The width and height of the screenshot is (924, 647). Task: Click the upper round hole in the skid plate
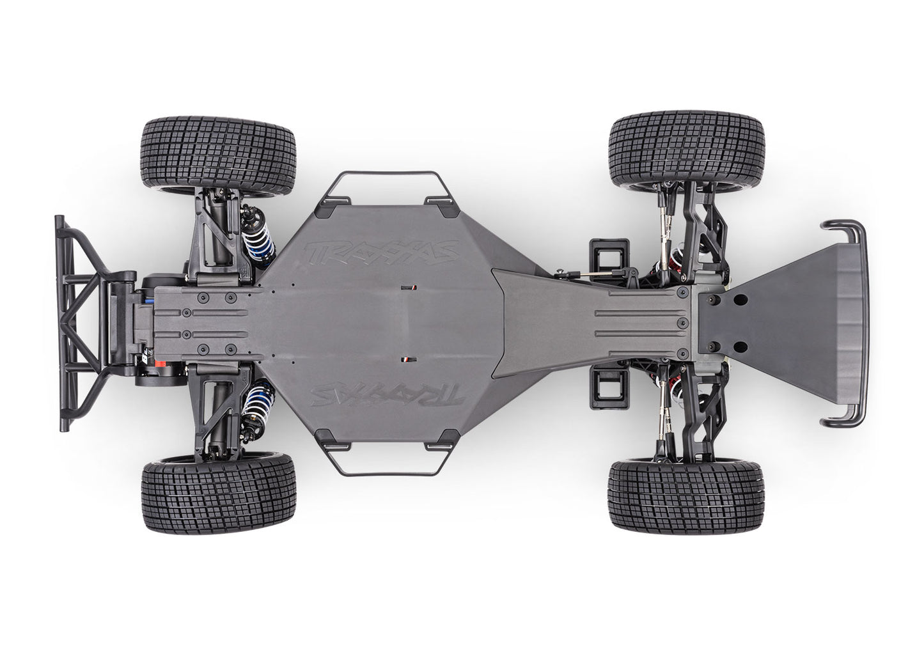[739, 300]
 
